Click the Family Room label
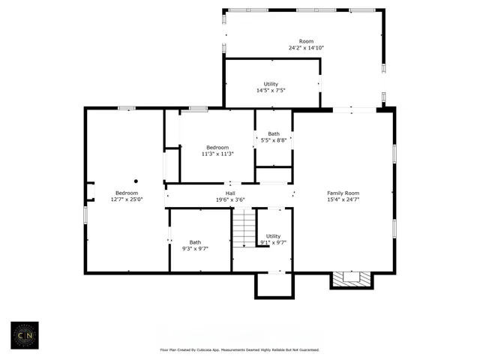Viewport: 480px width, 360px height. [x=343, y=193]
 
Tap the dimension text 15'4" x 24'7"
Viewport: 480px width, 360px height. [x=343, y=199]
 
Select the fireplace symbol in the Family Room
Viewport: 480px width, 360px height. [x=350, y=279]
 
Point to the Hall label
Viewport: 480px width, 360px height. [x=230, y=193]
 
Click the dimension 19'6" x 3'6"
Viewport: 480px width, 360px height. [x=230, y=199]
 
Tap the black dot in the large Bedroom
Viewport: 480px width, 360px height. [x=136, y=181]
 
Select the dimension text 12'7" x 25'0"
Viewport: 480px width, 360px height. [x=126, y=199]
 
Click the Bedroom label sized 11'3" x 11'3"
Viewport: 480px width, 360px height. [x=217, y=147]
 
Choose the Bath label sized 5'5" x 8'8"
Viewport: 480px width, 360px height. [x=274, y=133]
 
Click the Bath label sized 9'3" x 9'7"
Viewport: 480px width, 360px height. [x=195, y=241]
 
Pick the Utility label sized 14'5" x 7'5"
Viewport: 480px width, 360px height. [x=271, y=84]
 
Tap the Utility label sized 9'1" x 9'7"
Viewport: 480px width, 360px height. [x=274, y=235]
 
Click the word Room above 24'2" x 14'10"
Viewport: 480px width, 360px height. [x=306, y=41]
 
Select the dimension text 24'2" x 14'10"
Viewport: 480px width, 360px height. [x=306, y=48]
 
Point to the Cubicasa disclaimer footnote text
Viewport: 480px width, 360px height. [x=239, y=349]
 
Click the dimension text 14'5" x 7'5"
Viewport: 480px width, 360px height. [x=271, y=91]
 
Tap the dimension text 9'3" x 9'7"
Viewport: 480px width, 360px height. [x=195, y=248]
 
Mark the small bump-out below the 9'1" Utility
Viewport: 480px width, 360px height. [x=272, y=285]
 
